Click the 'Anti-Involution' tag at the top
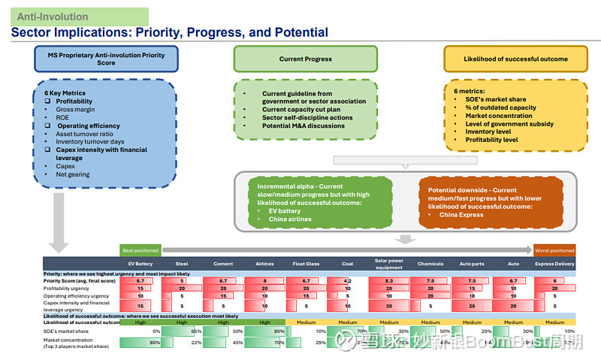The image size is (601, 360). (x=53, y=17)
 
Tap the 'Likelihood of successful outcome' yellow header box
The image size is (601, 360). (x=515, y=59)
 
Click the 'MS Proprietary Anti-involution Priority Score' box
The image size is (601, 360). (x=107, y=59)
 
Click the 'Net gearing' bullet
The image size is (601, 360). (x=72, y=174)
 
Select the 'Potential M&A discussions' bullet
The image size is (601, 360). (x=304, y=126)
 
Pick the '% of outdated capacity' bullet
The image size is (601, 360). (x=500, y=107)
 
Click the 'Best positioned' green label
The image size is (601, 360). (x=140, y=250)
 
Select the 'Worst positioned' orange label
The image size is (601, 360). (x=554, y=250)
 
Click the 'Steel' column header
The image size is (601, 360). (x=181, y=264)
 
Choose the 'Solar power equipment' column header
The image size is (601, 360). (x=388, y=263)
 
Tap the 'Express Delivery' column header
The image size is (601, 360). (x=554, y=264)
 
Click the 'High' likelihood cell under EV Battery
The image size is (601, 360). (x=140, y=322)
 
